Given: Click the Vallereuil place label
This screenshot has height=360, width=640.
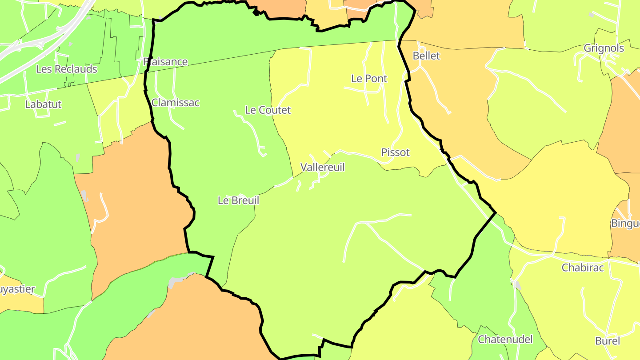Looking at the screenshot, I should (322, 167).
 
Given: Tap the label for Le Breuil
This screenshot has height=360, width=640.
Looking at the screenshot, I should (238, 200).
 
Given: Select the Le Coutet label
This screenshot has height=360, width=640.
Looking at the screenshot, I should (268, 110).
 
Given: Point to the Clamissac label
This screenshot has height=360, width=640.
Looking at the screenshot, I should (176, 103).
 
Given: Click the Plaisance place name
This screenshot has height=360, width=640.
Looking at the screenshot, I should (166, 62).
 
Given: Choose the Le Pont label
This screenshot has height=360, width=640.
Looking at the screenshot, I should (369, 79).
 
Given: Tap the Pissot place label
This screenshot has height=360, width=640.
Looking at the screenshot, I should (395, 152).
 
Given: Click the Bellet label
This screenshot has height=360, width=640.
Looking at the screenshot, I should (426, 56).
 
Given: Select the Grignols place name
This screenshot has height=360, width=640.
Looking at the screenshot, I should (604, 48).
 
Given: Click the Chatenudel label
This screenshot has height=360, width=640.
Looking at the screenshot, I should (505, 340).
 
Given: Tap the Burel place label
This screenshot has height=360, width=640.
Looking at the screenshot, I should (608, 341).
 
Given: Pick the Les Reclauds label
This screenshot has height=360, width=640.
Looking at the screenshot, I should (67, 69).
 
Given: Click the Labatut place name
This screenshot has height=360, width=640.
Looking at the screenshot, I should (43, 104).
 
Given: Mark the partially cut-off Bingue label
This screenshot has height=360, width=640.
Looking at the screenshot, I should (625, 223).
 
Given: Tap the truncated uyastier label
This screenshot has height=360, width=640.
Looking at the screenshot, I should (17, 289).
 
